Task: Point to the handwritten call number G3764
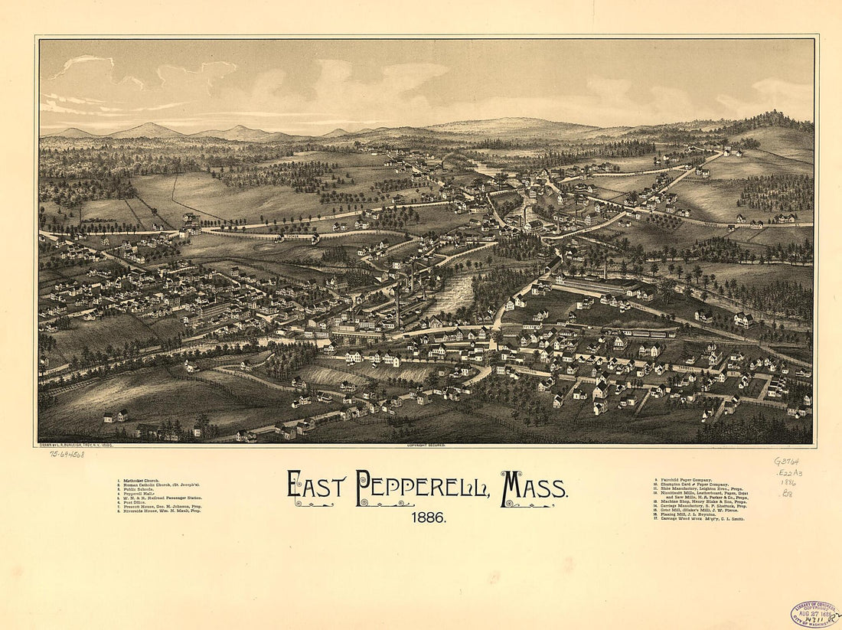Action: [786, 462]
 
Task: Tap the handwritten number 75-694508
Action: [67, 454]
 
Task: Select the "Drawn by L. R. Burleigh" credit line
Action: [76, 445]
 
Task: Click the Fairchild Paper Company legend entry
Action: [685, 480]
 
